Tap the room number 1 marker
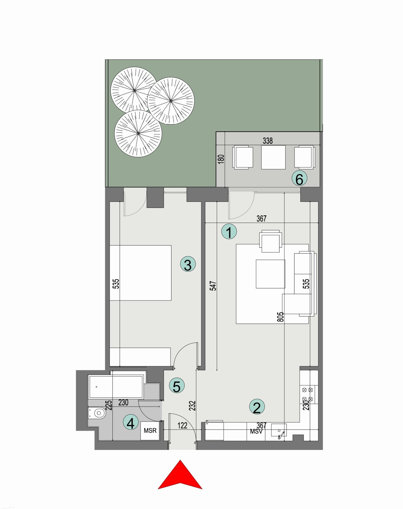pyautogui.click(x=229, y=232)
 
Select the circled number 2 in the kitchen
pyautogui.click(x=257, y=406)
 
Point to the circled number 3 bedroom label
pyautogui.click(x=188, y=265)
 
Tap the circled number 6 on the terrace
pyautogui.click(x=299, y=179)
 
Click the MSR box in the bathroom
pyautogui.click(x=150, y=430)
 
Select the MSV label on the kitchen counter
pyautogui.click(x=256, y=431)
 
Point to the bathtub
pyautogui.click(x=116, y=387)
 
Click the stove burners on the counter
pyautogui.click(x=308, y=395)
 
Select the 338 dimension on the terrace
pyautogui.click(x=268, y=141)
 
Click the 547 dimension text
pyautogui.click(x=214, y=286)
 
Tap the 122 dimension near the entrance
pyautogui.click(x=182, y=425)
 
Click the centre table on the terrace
pyautogui.click(x=273, y=157)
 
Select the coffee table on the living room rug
pyautogui.click(x=270, y=274)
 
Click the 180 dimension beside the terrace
pyautogui.click(x=221, y=159)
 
